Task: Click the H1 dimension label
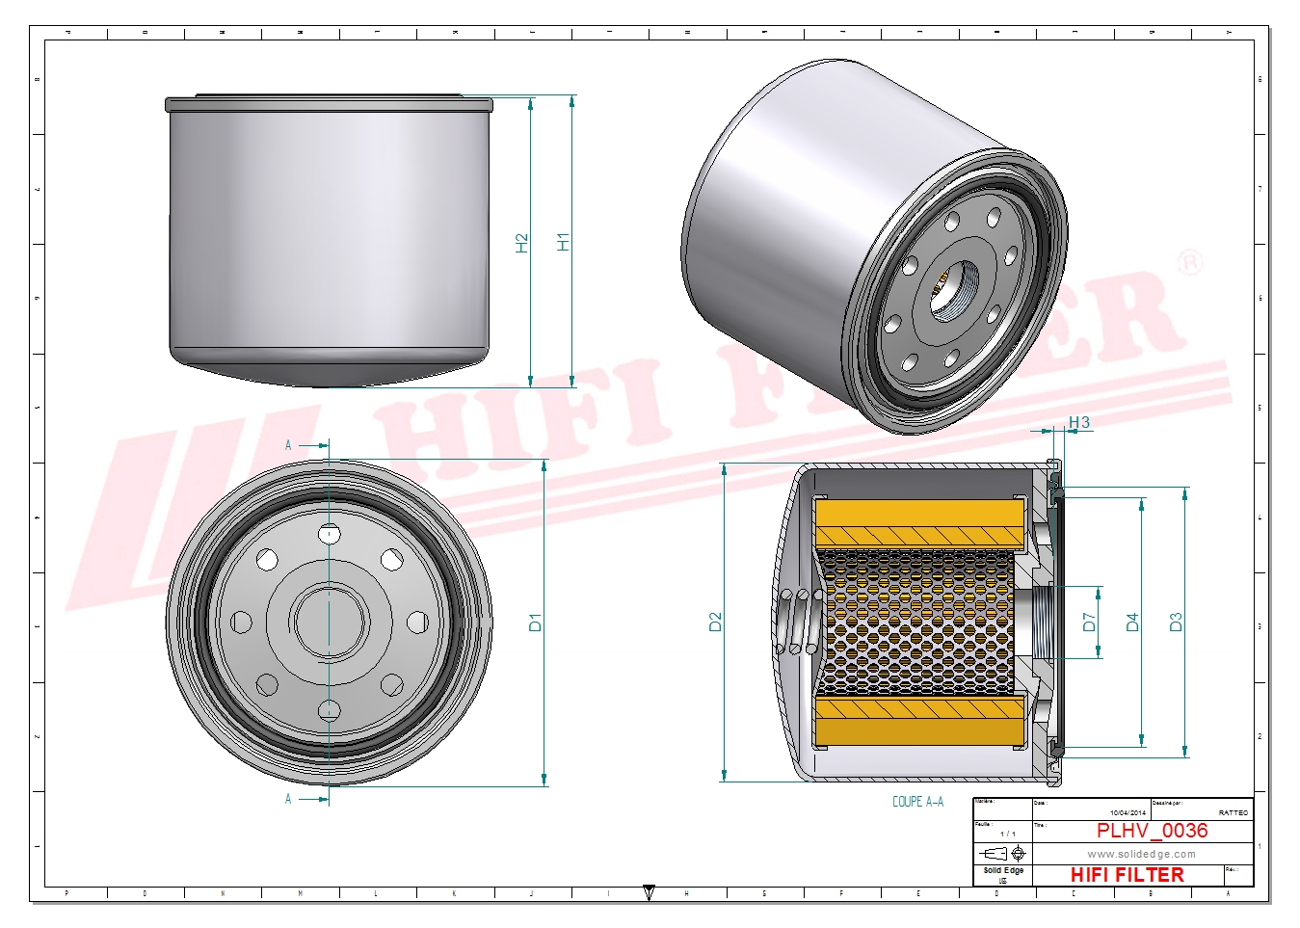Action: click(564, 242)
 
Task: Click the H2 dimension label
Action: click(522, 243)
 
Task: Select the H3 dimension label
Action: click(1078, 422)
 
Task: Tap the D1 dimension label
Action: click(536, 623)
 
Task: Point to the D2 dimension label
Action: click(715, 623)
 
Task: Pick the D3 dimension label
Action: click(1175, 623)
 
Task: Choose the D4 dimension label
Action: click(1132, 623)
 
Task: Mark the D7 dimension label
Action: click(1089, 623)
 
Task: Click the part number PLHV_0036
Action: click(1152, 831)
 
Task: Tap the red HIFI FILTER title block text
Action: click(1127, 875)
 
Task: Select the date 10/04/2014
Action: click(1128, 813)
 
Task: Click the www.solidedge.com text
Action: click(1141, 854)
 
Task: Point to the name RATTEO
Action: click(1233, 813)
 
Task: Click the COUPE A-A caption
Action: click(917, 802)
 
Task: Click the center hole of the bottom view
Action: click(330, 623)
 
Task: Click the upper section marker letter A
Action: click(288, 445)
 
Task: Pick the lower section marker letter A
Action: click(288, 799)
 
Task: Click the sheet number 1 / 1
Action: click(1007, 834)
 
